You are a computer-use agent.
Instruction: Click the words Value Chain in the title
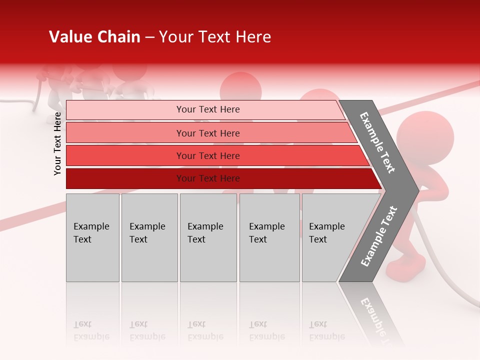coord(94,37)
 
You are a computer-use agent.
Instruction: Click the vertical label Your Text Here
coord(57,143)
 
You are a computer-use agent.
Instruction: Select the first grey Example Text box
coord(92,237)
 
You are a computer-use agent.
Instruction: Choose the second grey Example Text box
coord(149,237)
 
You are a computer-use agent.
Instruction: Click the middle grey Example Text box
coord(208,237)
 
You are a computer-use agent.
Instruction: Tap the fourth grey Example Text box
coord(269,237)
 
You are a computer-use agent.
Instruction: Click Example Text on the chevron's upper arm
coord(377,142)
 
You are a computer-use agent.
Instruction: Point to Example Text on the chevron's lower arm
coord(379,236)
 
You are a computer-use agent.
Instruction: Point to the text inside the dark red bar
coord(208,178)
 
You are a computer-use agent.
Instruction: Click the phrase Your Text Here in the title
coord(215,37)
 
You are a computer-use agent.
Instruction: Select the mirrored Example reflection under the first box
coord(91,336)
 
